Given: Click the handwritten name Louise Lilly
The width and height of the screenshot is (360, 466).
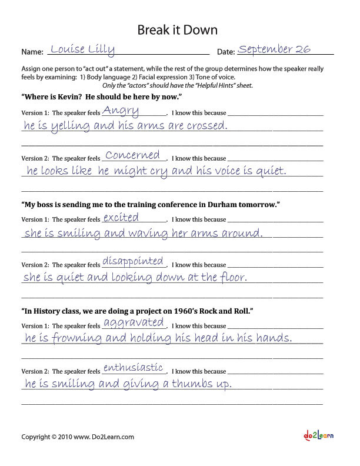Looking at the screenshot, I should tap(82, 49).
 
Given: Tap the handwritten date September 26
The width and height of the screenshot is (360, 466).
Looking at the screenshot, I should tap(275, 49).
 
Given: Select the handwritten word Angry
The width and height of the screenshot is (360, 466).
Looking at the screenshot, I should tap(121, 111).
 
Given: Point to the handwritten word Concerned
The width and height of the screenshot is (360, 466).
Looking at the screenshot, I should tap(132, 155).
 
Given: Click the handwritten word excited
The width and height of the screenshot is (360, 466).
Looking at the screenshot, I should tap(121, 217).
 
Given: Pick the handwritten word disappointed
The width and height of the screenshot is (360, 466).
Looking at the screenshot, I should tap(133, 261).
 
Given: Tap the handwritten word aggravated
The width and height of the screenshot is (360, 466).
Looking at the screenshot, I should tap(134, 322).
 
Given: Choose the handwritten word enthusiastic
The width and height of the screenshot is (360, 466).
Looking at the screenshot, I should tap(133, 368).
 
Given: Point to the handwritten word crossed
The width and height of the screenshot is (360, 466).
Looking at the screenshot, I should tap(204, 125).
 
